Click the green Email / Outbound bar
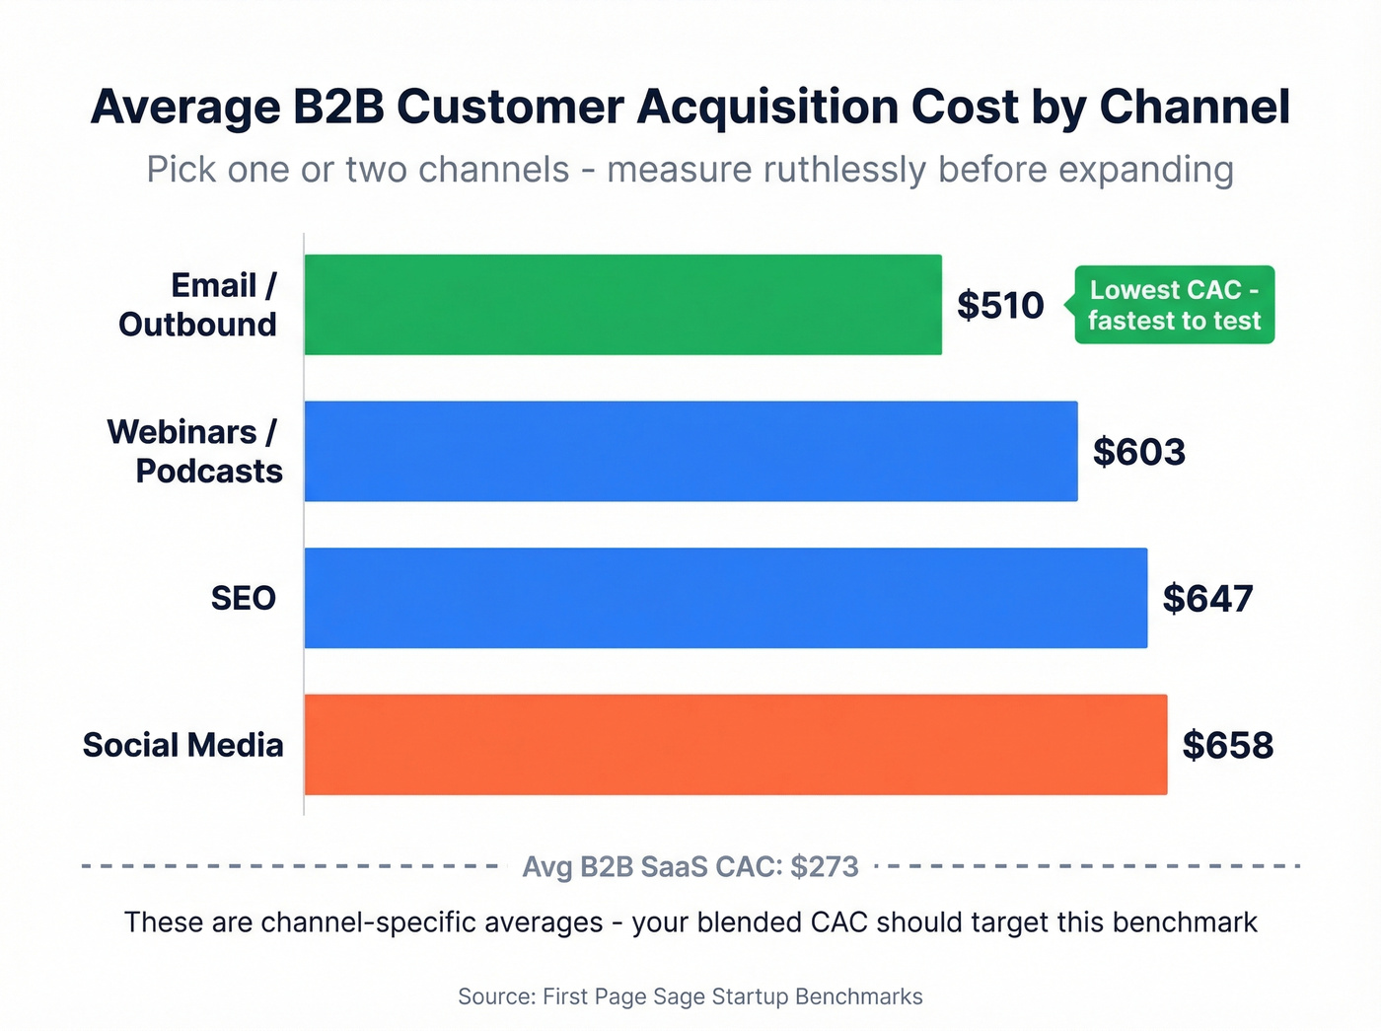[622, 305]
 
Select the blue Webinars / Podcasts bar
[690, 451]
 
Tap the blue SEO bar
[725, 598]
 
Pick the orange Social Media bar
[735, 745]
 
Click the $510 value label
[1000, 306]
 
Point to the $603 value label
[1138, 452]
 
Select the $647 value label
[1207, 599]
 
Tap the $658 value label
[1227, 745]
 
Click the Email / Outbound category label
[198, 305]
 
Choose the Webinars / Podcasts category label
[194, 451]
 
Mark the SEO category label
[243, 598]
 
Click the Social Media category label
[183, 745]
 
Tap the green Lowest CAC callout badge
[1174, 305]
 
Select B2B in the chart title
[338, 107]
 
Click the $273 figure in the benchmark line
[824, 866]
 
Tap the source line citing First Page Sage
[690, 996]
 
